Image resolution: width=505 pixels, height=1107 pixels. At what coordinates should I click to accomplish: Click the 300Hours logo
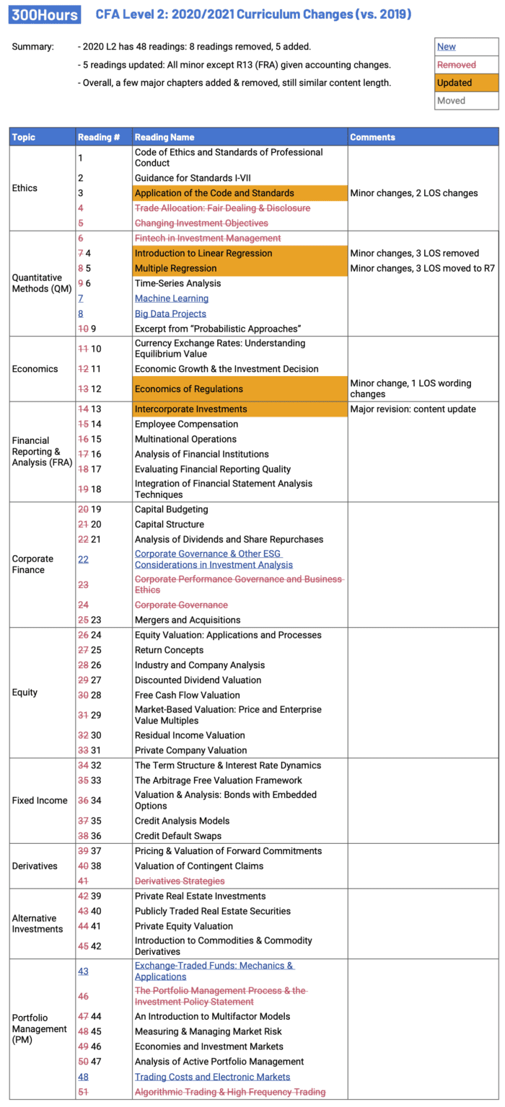point(39,14)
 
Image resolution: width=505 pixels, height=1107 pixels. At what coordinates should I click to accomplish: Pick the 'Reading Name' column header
point(164,137)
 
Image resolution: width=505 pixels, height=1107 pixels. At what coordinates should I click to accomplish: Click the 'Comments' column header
point(372,137)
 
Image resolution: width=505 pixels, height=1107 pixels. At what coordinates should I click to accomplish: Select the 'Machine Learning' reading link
point(172,298)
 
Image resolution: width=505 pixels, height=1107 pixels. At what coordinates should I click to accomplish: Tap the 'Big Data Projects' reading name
point(170,314)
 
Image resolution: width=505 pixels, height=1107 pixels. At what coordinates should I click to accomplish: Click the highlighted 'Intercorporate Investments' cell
point(191,409)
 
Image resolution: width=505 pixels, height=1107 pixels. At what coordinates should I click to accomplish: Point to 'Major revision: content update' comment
point(413,409)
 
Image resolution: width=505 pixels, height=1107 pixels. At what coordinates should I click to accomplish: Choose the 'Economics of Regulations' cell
point(189,389)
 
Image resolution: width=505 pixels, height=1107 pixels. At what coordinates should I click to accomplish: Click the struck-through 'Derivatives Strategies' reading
point(180,881)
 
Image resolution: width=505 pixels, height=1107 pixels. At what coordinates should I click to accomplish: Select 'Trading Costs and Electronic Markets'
point(212,1077)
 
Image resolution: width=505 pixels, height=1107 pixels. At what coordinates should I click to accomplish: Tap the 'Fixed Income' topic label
point(40,801)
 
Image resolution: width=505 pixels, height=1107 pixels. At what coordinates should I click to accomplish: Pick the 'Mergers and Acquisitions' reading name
point(188,620)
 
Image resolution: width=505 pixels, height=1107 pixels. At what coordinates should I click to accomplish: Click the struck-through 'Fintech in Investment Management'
point(208,239)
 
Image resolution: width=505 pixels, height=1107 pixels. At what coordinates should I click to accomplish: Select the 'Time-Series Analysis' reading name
point(177,283)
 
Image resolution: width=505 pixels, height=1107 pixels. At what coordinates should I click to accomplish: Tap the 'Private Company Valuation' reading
point(190,750)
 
